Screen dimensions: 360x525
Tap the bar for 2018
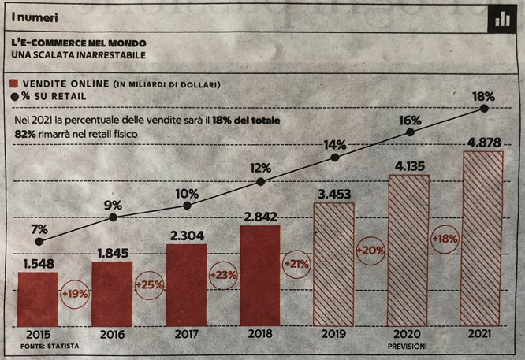tap(260, 275)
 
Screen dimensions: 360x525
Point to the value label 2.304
tap(187, 235)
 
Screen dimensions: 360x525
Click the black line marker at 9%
tap(113, 217)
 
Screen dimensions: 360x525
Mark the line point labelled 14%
tap(335, 158)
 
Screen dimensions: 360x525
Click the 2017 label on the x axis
tap(187, 334)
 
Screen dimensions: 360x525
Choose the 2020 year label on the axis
tap(408, 334)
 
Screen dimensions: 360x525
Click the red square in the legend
tap(14, 83)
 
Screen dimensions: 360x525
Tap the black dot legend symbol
tap(14, 97)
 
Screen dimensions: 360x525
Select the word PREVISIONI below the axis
tap(409, 346)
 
